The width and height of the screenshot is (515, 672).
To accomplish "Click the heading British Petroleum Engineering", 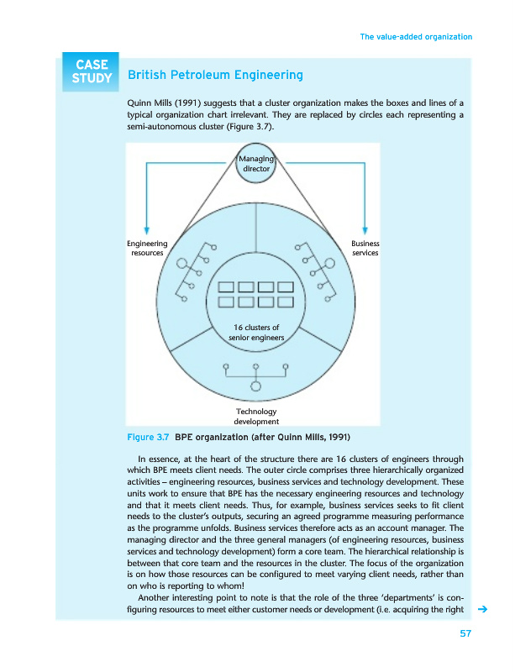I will click(x=215, y=76).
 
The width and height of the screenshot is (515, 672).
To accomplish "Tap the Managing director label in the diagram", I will click(x=256, y=163).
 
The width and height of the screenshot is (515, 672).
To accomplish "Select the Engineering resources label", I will click(x=147, y=248).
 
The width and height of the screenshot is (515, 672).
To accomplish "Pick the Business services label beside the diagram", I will click(x=365, y=248).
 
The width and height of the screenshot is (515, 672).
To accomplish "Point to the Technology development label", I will click(x=256, y=416).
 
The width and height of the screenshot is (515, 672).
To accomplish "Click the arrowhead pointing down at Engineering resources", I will click(x=147, y=229).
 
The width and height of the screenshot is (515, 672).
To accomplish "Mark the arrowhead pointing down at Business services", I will click(x=366, y=229).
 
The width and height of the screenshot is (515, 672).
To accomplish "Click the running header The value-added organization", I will click(x=415, y=37).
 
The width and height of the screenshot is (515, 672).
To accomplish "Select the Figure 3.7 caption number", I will click(x=148, y=438).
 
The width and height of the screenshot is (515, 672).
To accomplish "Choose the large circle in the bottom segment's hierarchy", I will click(x=256, y=387).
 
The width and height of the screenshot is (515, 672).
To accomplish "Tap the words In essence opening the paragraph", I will click(x=160, y=458).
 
